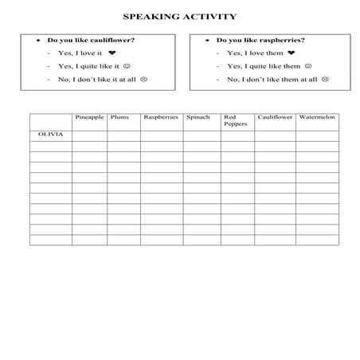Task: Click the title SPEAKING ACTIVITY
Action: (179, 15)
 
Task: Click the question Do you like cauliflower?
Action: (90, 40)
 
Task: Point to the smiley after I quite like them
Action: (308, 66)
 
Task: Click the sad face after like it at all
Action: (143, 80)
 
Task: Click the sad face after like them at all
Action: (324, 80)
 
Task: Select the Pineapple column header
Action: (89, 118)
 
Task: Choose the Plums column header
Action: (120, 118)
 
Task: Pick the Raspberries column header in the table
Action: (160, 118)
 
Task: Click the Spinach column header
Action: (199, 118)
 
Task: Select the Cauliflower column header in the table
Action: (275, 118)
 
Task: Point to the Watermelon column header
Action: (317, 118)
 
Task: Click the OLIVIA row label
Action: (50, 135)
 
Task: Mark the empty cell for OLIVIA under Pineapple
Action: (89, 135)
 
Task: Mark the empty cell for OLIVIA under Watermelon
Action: (317, 135)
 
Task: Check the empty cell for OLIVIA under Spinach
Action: (201, 135)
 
